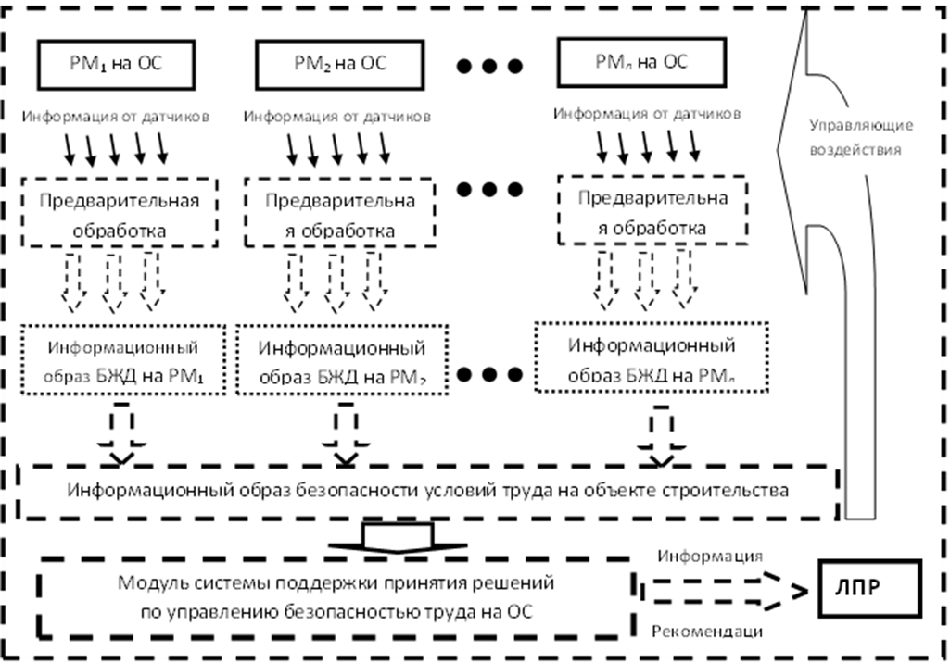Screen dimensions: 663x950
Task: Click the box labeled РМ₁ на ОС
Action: tap(116, 64)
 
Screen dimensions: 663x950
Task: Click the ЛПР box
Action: tap(868, 588)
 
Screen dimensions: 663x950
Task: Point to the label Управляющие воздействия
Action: tap(862, 137)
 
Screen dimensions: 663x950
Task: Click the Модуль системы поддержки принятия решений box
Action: tap(336, 597)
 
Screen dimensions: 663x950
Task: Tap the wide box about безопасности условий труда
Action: tap(428, 490)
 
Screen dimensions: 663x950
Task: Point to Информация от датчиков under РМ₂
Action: tap(336, 118)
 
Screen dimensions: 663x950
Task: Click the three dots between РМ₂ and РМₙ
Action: tap(489, 67)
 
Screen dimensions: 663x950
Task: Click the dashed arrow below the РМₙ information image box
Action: tap(660, 432)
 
